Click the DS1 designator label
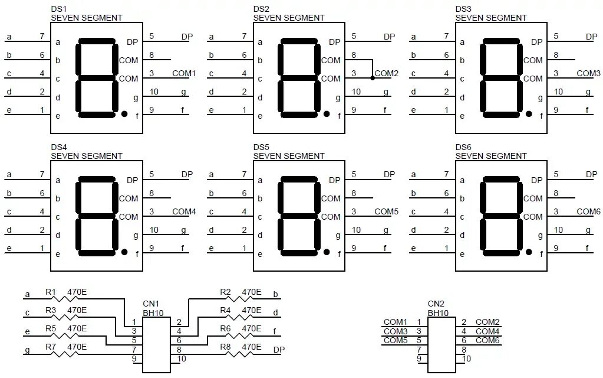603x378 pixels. pyautogui.click(x=58, y=9)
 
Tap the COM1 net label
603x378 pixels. pyautogui.click(x=183, y=73)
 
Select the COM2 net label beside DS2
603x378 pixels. pyautogui.click(x=387, y=73)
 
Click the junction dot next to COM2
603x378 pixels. pyautogui.click(x=372, y=78)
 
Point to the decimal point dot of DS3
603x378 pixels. pyautogui.click(x=529, y=113)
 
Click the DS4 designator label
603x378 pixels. pyautogui.click(x=58, y=147)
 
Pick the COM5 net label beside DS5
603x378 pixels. pyautogui.click(x=387, y=211)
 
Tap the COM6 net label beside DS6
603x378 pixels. pyautogui.click(x=588, y=211)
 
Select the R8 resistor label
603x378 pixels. pyautogui.click(x=225, y=347)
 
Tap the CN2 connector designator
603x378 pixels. pyautogui.click(x=436, y=304)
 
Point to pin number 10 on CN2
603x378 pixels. pyautogui.click(x=466, y=359)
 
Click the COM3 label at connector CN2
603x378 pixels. pyautogui.click(x=395, y=331)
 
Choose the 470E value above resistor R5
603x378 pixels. pyautogui.click(x=77, y=328)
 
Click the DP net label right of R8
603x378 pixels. pyautogui.click(x=279, y=350)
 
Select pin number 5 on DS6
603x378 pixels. pyautogui.click(x=556, y=174)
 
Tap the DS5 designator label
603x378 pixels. pyautogui.click(x=261, y=147)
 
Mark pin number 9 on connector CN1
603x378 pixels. pyautogui.click(x=134, y=359)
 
